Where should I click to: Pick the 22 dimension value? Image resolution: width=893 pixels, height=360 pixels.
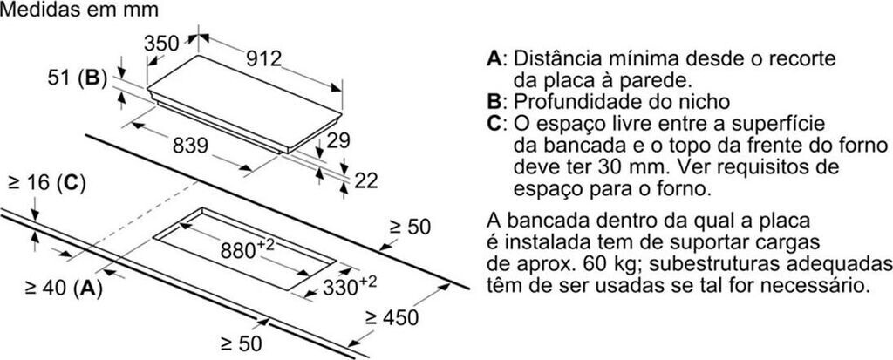point(367,180)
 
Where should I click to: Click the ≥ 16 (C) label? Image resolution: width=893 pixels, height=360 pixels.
point(44,183)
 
